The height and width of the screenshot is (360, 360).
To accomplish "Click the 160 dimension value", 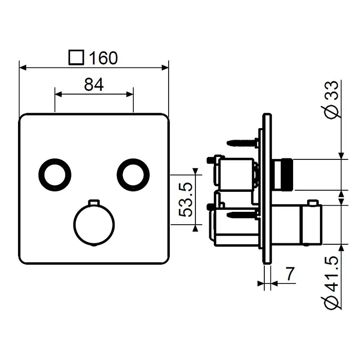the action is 103,58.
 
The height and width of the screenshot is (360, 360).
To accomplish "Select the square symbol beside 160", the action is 76,58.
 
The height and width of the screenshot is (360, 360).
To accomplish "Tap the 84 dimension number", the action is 94,84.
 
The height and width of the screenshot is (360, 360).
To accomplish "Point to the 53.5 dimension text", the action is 185,200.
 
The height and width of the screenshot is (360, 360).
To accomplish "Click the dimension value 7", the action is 290,274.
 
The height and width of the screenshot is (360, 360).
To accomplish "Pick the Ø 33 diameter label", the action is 332,100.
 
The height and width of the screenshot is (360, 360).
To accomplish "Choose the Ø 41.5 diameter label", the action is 332,282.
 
